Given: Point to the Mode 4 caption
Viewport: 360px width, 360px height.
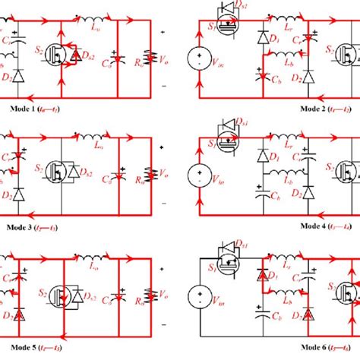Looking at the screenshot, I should (323, 226).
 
